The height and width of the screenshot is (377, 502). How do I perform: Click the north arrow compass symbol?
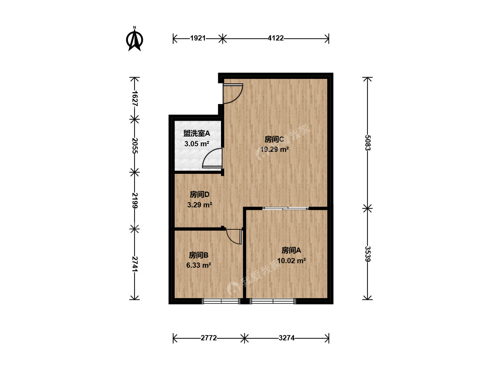tap(135, 39)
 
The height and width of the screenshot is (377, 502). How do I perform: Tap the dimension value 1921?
tap(198, 38)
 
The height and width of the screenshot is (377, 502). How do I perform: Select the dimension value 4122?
tap(276, 38)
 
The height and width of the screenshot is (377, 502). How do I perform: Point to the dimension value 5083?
tap(367, 143)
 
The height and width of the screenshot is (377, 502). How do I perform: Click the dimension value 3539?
tap(367, 254)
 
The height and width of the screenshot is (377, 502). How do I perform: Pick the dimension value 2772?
tap(208, 338)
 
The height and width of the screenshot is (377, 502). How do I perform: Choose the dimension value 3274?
tap(287, 338)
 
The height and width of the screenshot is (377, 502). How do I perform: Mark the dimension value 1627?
tap(135, 98)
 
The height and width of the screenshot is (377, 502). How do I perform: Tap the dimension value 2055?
tap(135, 146)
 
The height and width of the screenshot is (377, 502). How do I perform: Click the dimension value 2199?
tap(135, 200)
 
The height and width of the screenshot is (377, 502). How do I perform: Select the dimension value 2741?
tap(135, 264)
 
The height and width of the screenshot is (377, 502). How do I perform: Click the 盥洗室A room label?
tap(197, 133)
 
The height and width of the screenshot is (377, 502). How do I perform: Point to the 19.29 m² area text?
tap(274, 149)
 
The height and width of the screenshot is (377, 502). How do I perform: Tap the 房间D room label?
tap(199, 194)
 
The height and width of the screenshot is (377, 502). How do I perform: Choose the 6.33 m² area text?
tap(198, 265)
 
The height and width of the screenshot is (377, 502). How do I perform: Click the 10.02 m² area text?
tap(291, 261)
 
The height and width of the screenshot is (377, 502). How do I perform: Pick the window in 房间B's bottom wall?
tap(221, 301)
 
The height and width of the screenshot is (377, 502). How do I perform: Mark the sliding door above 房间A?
tap(286, 208)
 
